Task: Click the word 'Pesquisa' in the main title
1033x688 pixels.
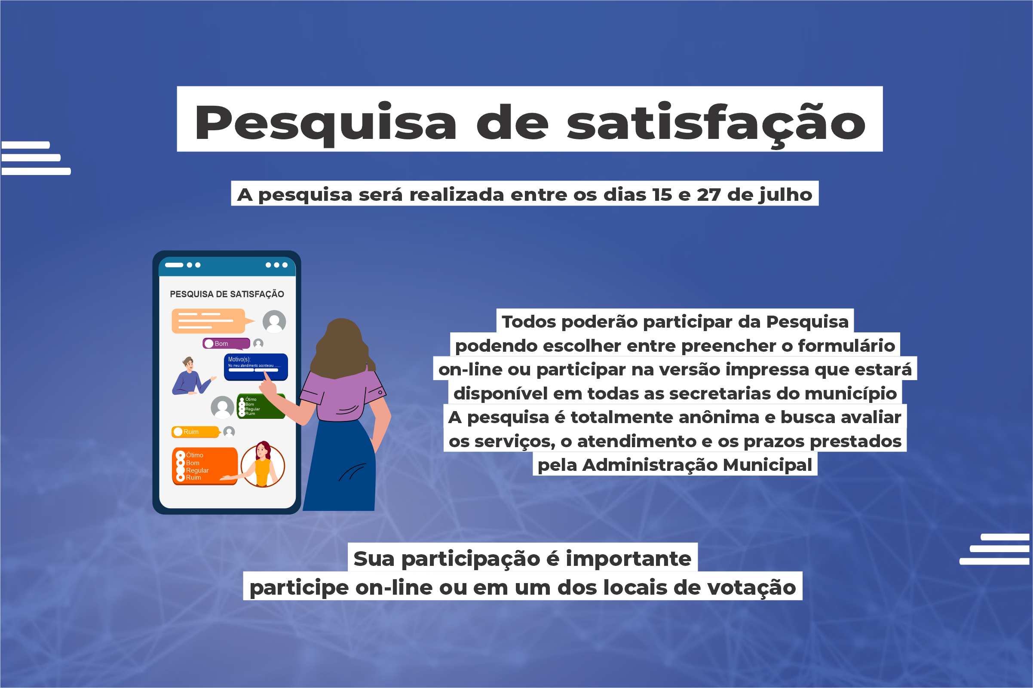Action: coord(325,124)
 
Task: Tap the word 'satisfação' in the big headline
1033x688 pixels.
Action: coord(716,124)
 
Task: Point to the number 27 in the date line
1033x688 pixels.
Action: coord(708,194)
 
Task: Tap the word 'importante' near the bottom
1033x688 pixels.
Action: coord(628,559)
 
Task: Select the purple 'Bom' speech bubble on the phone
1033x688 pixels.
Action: coord(226,344)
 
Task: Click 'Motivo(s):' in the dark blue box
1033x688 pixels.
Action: coord(239,359)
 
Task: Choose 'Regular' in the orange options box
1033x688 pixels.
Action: coord(197,470)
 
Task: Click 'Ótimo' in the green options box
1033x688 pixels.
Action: coord(251,399)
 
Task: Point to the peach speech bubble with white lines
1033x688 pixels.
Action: coord(208,321)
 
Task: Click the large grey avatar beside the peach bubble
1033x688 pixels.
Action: coord(274,322)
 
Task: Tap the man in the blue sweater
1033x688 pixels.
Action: coord(190,378)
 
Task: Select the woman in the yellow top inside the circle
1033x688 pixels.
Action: coord(263,465)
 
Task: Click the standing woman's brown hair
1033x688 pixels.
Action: coord(342,349)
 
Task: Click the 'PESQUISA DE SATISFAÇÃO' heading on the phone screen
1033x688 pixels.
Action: coord(227,294)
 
